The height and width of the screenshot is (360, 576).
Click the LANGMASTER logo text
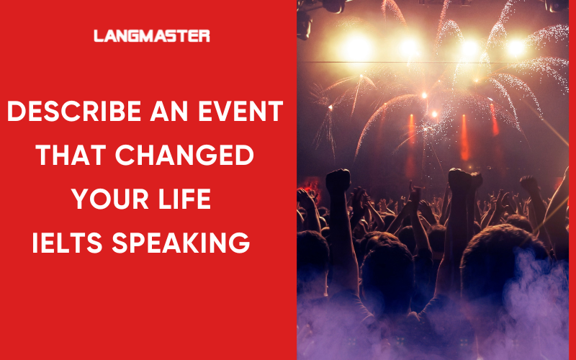152,35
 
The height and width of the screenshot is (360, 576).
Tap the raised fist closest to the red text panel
337,181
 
